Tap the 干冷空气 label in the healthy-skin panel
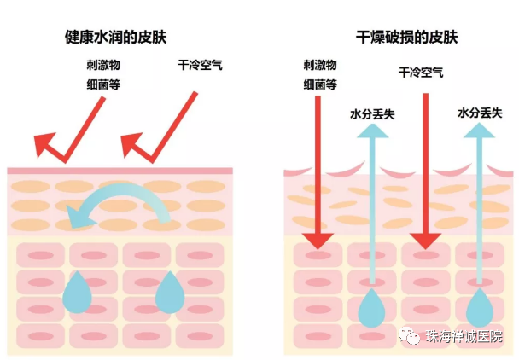coord(201,65)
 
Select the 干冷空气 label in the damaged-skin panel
coord(421,73)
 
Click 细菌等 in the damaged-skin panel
coord(320,84)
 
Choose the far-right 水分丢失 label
coord(479,113)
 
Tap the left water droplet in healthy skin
coord(82,291)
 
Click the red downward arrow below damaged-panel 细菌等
coord(318,171)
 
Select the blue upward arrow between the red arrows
coord(371,205)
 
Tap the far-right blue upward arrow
coord(481,205)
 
